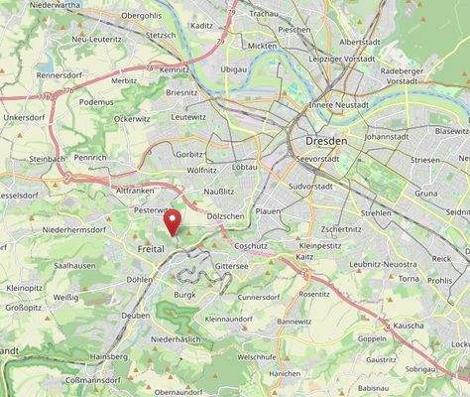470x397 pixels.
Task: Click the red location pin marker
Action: (174, 221)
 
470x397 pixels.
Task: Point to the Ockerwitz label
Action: (133, 118)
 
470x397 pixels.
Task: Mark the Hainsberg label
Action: (109, 355)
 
